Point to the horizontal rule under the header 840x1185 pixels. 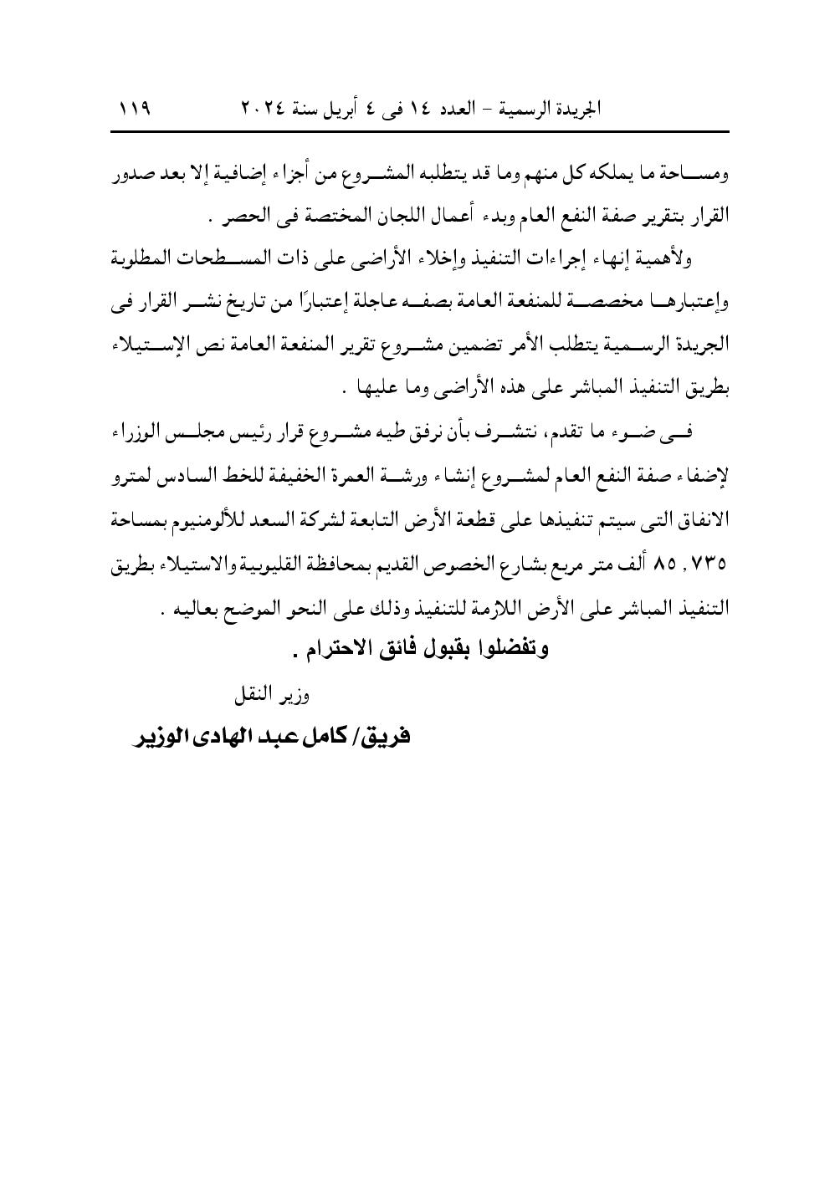pos(420,131)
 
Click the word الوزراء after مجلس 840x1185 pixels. pos(138,432)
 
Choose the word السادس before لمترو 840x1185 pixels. pos(189,477)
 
